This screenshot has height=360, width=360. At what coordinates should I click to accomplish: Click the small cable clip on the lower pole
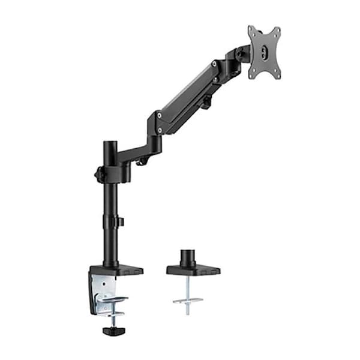120,222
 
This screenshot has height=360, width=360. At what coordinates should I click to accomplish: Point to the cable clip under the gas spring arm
205,104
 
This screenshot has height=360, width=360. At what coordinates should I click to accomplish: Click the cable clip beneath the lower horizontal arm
142,161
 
